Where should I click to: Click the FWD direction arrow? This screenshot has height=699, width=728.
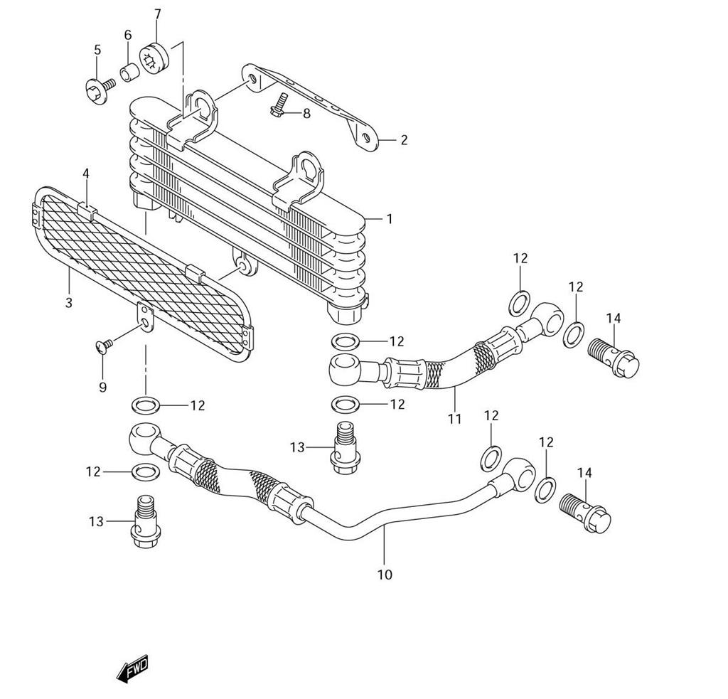point(132,669)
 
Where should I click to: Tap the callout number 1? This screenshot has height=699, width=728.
point(390,219)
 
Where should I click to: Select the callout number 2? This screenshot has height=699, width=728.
point(404,140)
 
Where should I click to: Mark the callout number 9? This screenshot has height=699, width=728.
point(102,387)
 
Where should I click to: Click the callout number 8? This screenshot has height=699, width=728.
point(306,113)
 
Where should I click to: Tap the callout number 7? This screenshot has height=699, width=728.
point(157,14)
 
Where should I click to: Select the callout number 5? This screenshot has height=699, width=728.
point(97,50)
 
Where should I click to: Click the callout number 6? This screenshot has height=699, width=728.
point(128,35)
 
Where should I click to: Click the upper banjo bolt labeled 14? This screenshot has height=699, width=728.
point(614,356)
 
